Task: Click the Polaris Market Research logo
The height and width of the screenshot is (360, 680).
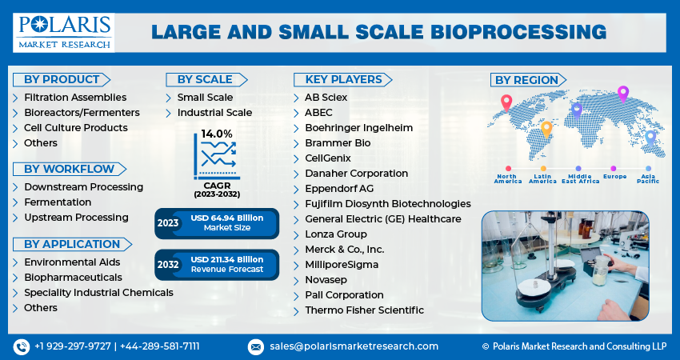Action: coord(63,32)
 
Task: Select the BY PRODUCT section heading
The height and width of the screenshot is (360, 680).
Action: coord(61,79)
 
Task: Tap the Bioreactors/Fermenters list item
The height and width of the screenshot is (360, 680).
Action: coord(82,113)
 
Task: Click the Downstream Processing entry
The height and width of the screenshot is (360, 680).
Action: coord(83,187)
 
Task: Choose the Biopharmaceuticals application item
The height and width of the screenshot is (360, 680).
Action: coord(73,278)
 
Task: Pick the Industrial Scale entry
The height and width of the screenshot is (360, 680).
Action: coord(214,113)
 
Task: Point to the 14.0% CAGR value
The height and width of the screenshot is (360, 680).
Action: coord(217,134)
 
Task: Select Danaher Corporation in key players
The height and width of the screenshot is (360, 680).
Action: coord(356,174)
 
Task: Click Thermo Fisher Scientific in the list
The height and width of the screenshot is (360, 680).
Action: coord(364,310)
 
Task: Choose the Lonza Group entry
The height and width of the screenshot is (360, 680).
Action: coord(335,234)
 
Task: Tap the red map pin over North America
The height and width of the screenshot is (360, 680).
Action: coord(506,102)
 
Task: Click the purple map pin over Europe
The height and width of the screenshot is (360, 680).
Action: coord(623,94)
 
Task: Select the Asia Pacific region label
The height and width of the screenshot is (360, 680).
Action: coord(649,178)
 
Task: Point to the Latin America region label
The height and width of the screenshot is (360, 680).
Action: coord(542,178)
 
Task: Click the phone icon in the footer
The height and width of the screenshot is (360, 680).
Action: coord(22,346)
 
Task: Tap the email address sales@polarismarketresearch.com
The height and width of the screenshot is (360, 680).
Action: coord(353,346)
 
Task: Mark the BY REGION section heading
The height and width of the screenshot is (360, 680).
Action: coord(526,80)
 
